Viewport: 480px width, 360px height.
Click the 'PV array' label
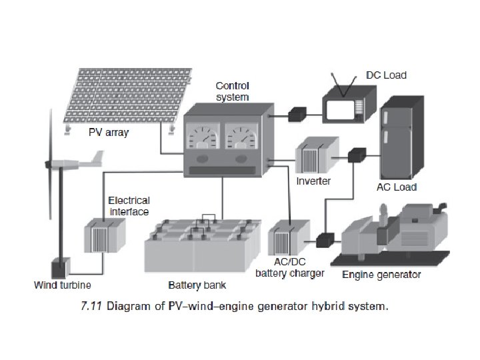click(108, 133)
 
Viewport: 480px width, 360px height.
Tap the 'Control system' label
click(232, 91)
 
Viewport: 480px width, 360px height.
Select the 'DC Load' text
click(386, 75)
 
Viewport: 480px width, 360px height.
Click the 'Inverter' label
click(313, 181)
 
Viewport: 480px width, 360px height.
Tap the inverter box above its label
click(313, 156)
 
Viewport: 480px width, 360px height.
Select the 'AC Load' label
click(397, 187)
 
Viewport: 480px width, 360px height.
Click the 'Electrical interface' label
click(129, 205)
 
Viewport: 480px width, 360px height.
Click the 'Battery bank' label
click(197, 285)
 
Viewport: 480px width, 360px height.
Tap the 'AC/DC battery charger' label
click(290, 268)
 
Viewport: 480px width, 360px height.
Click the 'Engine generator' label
click(381, 275)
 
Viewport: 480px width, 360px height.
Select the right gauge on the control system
click(242, 139)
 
